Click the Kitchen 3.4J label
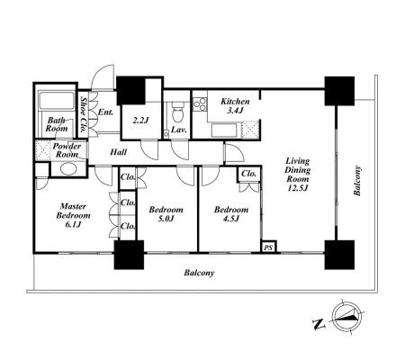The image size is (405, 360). click(235, 105)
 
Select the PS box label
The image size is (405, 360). click(268, 247)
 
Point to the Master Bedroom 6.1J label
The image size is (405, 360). click(73, 215)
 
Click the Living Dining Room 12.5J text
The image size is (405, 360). click(297, 175)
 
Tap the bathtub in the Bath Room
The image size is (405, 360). click(57, 101)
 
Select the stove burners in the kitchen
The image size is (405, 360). click(200, 104)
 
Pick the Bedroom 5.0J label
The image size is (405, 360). click(166, 213)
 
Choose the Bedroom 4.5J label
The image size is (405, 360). click(231, 213)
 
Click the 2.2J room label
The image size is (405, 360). click(140, 121)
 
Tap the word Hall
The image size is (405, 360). click(119, 152)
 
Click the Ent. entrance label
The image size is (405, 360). click(106, 112)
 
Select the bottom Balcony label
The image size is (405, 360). click(199, 273)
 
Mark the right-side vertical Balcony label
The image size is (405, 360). click(357, 180)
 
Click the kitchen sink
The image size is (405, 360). click(225, 130)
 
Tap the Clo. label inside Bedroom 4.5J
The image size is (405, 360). click(249, 174)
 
